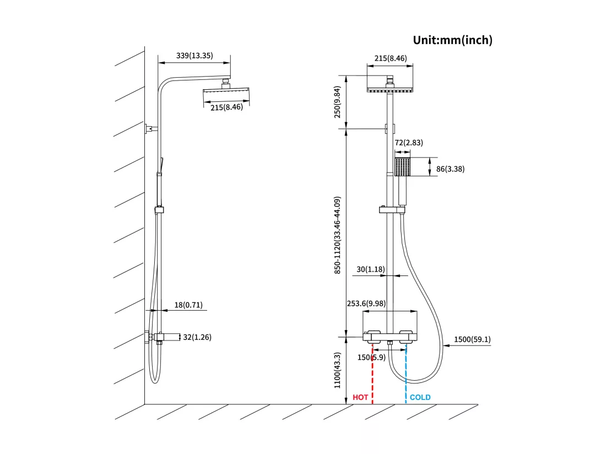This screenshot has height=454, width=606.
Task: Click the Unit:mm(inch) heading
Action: [x=452, y=40]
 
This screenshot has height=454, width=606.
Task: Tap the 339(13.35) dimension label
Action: [x=194, y=56]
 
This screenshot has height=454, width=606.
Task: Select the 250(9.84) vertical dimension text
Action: [x=337, y=102]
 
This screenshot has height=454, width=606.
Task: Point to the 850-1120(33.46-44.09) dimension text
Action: [x=337, y=235]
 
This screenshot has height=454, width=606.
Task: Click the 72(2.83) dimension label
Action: [x=409, y=143]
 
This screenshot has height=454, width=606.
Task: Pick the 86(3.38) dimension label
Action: [x=450, y=169]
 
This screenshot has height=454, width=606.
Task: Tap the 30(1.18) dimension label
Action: [x=371, y=269]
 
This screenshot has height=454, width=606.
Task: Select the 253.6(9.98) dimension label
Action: [x=366, y=304]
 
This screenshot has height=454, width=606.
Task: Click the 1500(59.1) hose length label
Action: [x=472, y=339]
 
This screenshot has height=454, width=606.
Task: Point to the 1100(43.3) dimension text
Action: [x=337, y=370]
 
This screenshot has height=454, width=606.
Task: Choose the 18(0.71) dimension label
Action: [x=188, y=305]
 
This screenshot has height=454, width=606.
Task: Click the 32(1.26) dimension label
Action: [x=197, y=337]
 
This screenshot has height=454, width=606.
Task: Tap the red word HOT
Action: [x=360, y=397]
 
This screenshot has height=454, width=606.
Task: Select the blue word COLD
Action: [x=420, y=397]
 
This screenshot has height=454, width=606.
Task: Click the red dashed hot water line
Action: [x=372, y=374]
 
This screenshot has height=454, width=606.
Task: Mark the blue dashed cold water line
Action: [x=406, y=374]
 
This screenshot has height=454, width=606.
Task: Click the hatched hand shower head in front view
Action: [x=402, y=167]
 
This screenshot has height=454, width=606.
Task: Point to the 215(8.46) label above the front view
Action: [x=391, y=58]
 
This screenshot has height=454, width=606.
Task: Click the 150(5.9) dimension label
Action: [x=371, y=358]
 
